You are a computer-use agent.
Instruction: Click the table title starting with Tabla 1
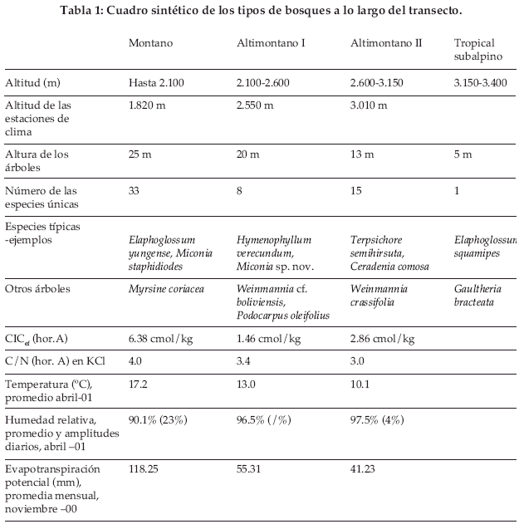click(x=261, y=11)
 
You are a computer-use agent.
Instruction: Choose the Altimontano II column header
click(x=386, y=43)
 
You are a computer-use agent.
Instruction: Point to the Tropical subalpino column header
click(x=476, y=49)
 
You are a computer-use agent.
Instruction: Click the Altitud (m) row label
click(x=33, y=84)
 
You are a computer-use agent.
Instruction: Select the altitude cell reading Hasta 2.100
click(x=158, y=84)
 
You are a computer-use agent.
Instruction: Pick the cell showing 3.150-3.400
click(x=481, y=84)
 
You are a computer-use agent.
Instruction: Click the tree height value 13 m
click(x=362, y=154)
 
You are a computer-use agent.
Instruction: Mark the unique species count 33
click(x=135, y=191)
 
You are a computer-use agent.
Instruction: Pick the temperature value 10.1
click(x=360, y=385)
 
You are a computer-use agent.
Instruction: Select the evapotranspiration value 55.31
click(x=250, y=469)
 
